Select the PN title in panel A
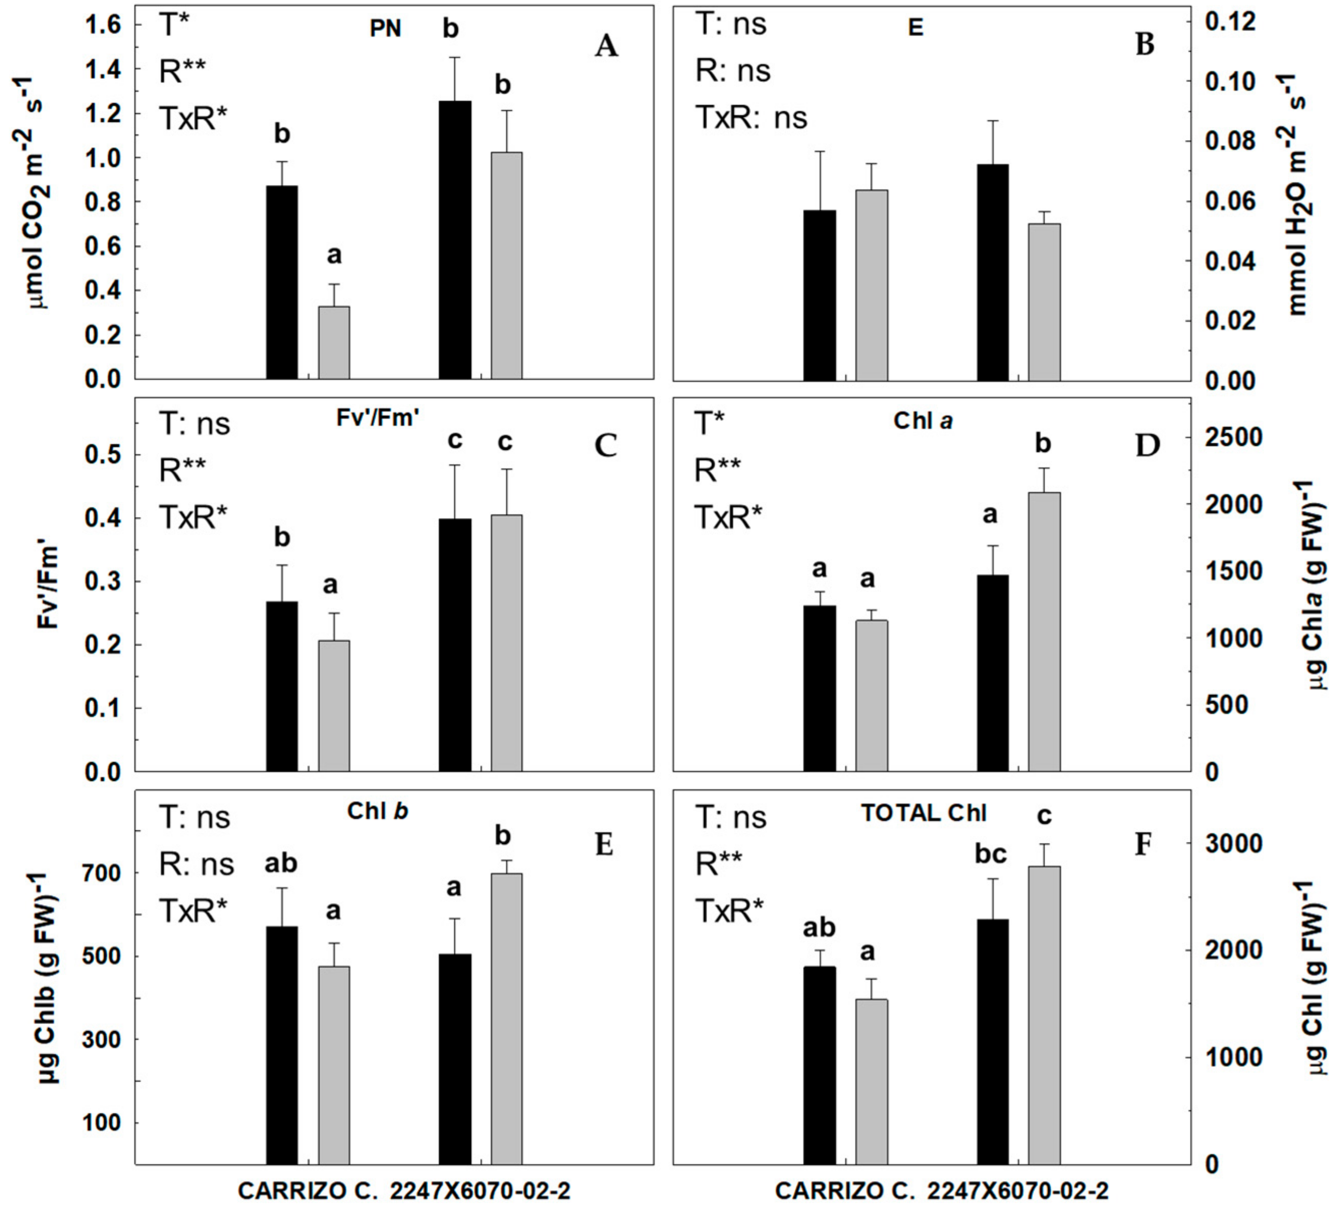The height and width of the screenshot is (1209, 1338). tap(385, 30)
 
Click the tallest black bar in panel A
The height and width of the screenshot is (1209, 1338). tap(455, 239)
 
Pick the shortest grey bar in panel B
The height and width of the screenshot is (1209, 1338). tap(1044, 302)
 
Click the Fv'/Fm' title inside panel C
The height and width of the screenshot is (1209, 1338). tap(376, 418)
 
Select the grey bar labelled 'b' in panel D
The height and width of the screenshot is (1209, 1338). tap(1044, 630)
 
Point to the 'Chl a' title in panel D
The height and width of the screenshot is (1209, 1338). tap(923, 421)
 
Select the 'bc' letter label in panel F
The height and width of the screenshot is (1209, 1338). tap(991, 854)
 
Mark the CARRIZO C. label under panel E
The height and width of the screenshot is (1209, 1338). tap(309, 1191)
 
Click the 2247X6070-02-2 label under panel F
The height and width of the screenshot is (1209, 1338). tap(1017, 1191)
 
